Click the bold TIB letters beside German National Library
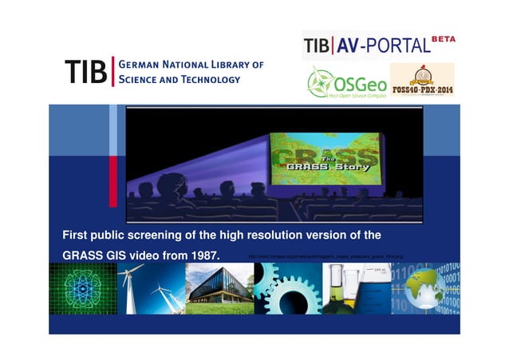87,70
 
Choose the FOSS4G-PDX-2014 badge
421,81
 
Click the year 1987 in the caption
204,255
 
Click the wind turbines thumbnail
152,288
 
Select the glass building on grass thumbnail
219,288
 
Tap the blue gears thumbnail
287,288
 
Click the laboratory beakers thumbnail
357,288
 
